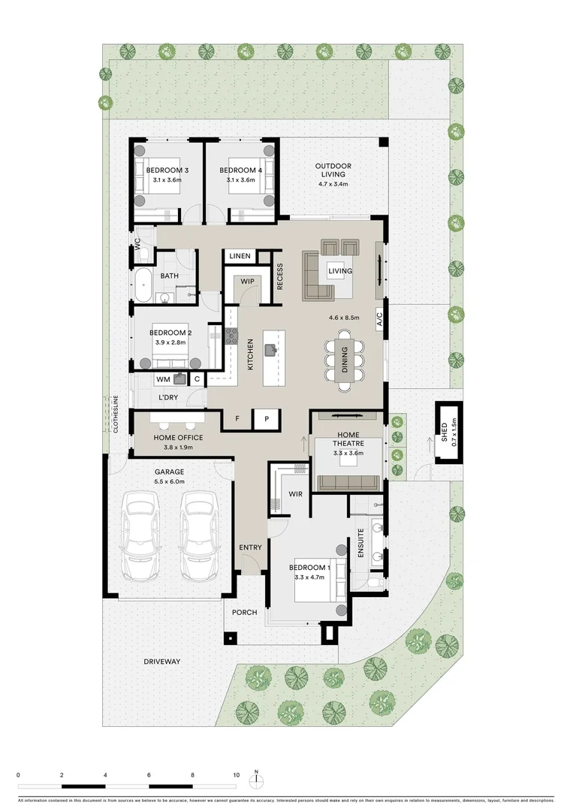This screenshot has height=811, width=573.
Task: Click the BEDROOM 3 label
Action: point(167,170)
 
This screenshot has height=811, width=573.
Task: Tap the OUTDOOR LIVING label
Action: point(333,170)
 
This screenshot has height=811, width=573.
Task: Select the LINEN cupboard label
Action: point(240,256)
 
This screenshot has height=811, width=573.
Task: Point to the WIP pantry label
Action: point(247,282)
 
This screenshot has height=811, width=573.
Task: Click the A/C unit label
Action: point(379,319)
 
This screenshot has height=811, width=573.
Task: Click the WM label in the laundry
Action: point(163,379)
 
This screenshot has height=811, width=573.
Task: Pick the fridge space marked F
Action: point(237,419)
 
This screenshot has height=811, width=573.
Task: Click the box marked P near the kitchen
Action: point(267,419)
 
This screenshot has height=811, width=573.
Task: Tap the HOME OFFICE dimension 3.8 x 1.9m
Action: point(178,448)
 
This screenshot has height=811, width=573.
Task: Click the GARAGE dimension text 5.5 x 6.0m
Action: point(169,481)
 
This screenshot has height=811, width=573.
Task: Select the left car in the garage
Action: point(140,536)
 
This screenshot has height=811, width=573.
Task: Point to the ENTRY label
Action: point(250,547)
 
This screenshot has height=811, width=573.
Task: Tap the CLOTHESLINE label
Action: point(116,414)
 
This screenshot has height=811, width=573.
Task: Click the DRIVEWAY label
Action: point(162,662)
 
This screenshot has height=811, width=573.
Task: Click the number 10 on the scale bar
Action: point(237,775)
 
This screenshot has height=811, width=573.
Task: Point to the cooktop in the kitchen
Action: point(231,336)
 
